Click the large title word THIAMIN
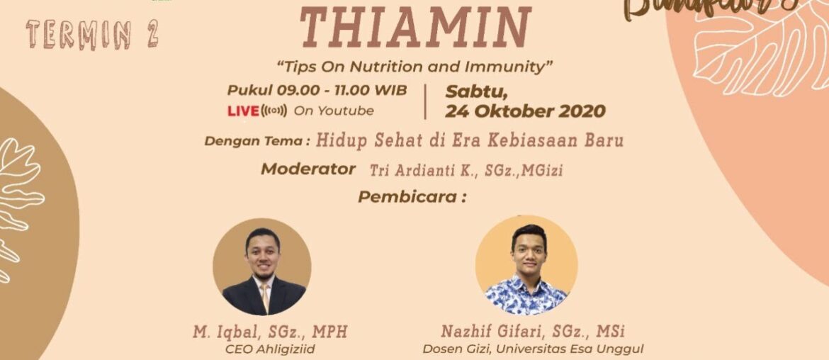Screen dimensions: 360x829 point(415,28)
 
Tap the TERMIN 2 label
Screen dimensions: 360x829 point(92,34)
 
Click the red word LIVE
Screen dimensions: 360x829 point(243,111)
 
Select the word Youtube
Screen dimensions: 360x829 point(346,111)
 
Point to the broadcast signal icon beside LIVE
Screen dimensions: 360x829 point(274,111)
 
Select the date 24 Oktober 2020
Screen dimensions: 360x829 point(524,111)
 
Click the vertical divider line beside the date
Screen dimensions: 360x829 point(426,101)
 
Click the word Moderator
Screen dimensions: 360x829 point(308,169)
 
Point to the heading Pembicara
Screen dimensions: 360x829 point(412,197)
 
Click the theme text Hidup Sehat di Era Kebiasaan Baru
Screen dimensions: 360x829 point(470,140)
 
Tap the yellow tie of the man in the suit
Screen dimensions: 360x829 point(264,296)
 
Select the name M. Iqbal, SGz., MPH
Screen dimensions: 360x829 point(270,332)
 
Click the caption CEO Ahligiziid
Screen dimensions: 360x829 point(271,349)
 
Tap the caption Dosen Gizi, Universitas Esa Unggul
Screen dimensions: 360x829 point(533,349)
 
